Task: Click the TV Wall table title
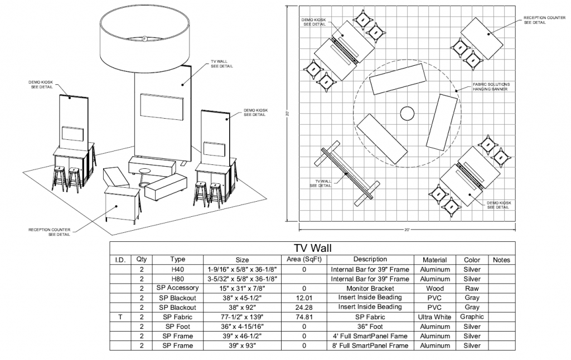pyautogui.click(x=312, y=248)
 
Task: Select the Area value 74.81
pyautogui.click(x=304, y=317)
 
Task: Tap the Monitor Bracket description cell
pyautogui.click(x=370, y=289)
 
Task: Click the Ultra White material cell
pyautogui.click(x=434, y=317)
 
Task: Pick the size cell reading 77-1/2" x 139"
pyautogui.click(x=242, y=317)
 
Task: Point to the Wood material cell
pyautogui.click(x=434, y=289)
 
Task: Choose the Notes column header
pyautogui.click(x=501, y=260)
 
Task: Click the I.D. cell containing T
pyautogui.click(x=120, y=317)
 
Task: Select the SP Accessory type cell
pyautogui.click(x=178, y=288)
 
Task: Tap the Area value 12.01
pyautogui.click(x=304, y=298)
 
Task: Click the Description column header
pyautogui.click(x=370, y=259)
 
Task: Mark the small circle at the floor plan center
pyautogui.click(x=407, y=114)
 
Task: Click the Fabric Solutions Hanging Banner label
pyautogui.click(x=491, y=86)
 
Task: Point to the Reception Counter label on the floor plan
pyautogui.click(x=544, y=20)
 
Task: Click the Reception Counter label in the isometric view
pyautogui.click(x=50, y=232)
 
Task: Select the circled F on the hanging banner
pyautogui.click(x=144, y=38)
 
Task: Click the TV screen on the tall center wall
pyautogui.click(x=162, y=107)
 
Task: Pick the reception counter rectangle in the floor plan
pyautogui.click(x=482, y=38)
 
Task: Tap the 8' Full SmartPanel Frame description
pyautogui.click(x=370, y=346)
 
